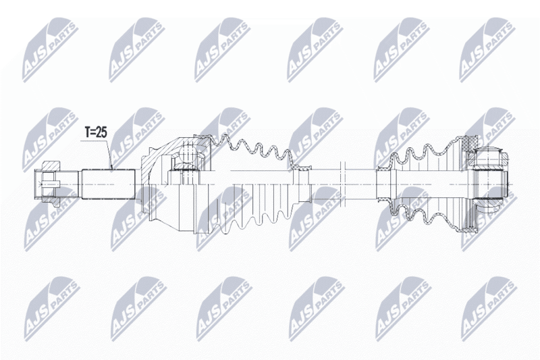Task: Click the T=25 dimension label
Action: click(x=96, y=132)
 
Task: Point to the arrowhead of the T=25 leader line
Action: click(x=111, y=168)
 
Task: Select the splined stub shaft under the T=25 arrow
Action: click(x=108, y=184)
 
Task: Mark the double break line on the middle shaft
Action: click(x=342, y=184)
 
